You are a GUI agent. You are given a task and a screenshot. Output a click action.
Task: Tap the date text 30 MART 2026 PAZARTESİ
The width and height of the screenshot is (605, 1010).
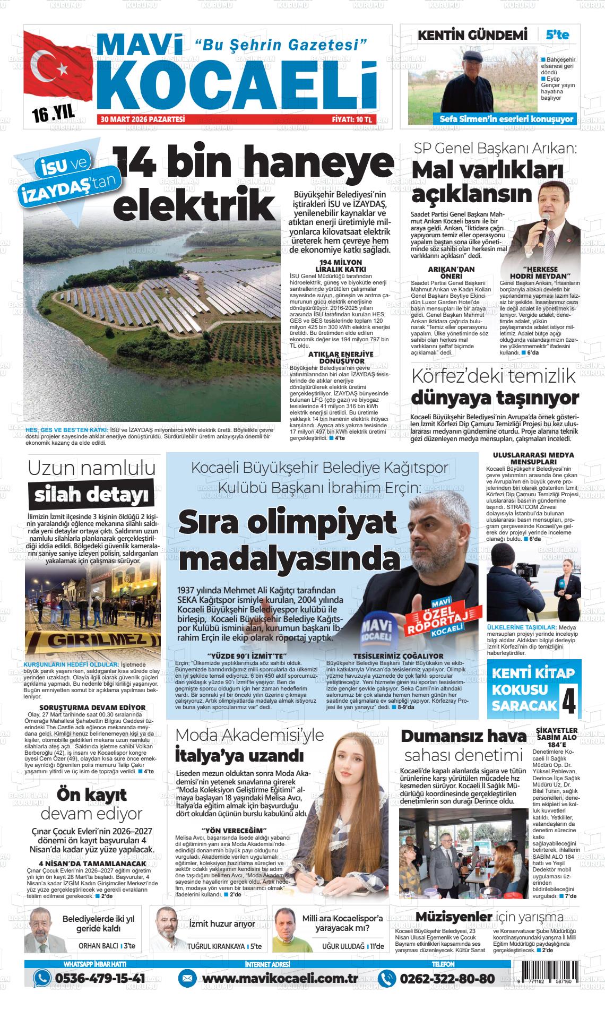click(x=143, y=120)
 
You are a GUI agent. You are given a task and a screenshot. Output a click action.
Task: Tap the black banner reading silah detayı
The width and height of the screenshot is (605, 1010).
click(x=91, y=495)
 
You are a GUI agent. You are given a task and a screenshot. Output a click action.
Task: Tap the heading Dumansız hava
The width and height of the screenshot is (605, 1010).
click(x=463, y=736)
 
